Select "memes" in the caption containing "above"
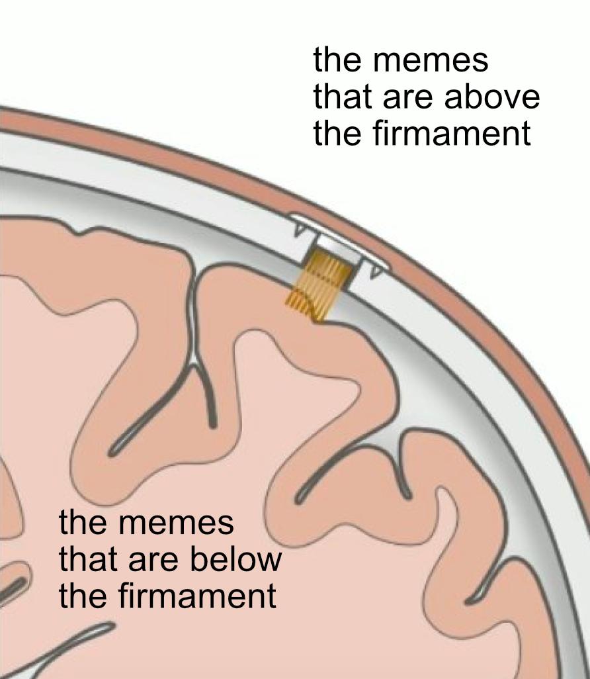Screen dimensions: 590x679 [x=431, y=61]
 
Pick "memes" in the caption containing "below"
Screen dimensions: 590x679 [x=177, y=523]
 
